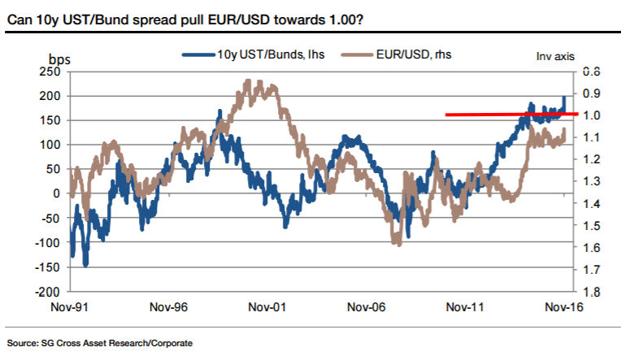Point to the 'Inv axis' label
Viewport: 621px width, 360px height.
(554, 56)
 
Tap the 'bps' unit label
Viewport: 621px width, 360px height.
(59, 59)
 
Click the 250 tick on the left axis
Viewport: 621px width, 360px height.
(50, 72)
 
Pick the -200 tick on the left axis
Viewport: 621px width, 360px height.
(49, 291)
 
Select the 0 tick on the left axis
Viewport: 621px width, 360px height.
(57, 193)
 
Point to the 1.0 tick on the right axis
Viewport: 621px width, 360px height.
(591, 115)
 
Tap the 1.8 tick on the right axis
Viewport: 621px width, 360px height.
(591, 292)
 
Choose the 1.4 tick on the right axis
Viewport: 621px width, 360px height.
(591, 203)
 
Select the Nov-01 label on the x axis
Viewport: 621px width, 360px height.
(267, 307)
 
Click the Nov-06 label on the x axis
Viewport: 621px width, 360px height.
(365, 307)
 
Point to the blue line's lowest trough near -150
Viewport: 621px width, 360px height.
(85, 264)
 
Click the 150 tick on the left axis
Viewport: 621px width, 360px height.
(50, 120)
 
